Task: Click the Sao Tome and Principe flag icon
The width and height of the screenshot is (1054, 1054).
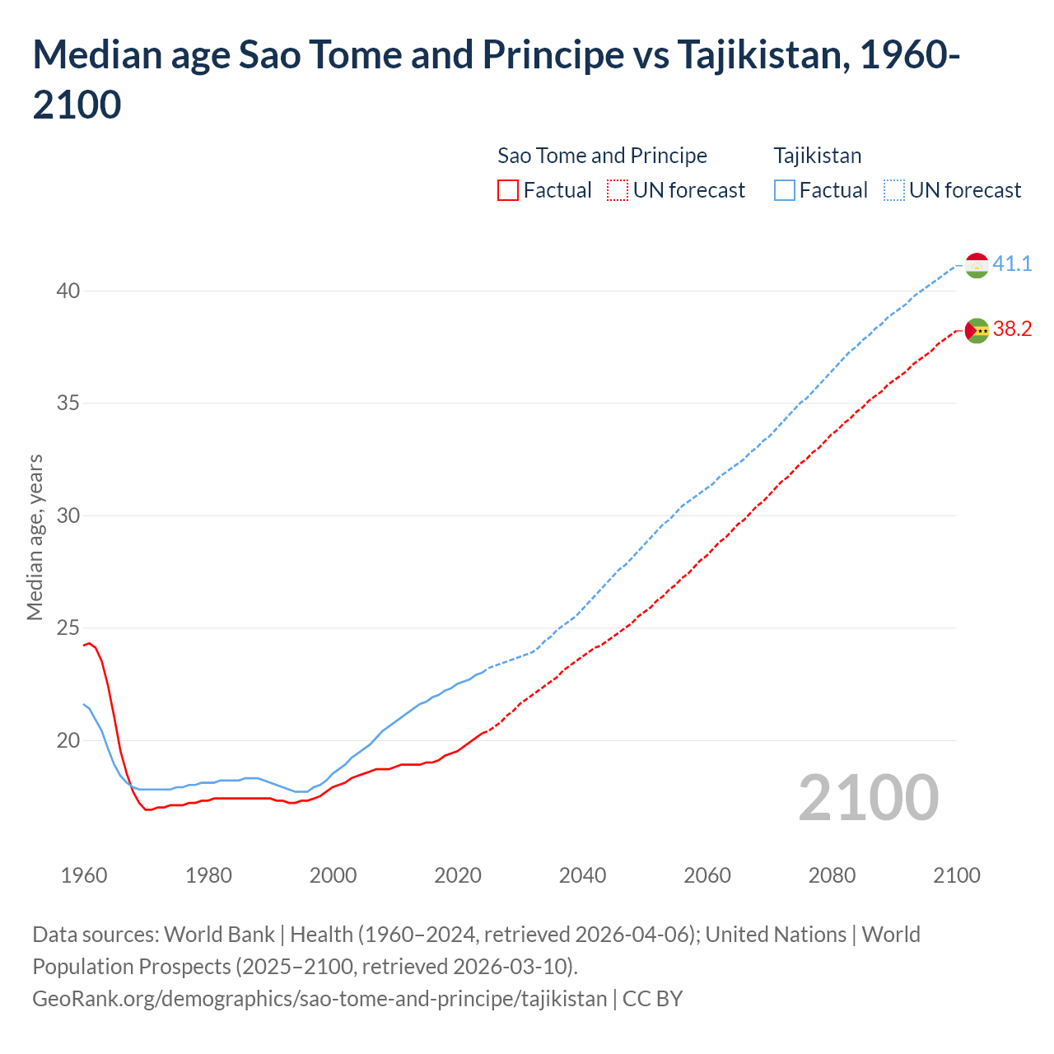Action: pyautogui.click(x=977, y=330)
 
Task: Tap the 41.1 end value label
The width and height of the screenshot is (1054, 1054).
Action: pyautogui.click(x=1012, y=263)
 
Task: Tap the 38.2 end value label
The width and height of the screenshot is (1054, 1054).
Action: pyautogui.click(x=1012, y=329)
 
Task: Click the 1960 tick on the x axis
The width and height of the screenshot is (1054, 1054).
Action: pyautogui.click(x=84, y=875)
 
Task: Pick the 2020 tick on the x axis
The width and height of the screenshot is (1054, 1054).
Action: pyautogui.click(x=458, y=875)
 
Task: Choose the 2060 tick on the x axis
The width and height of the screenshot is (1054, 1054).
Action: pyautogui.click(x=707, y=875)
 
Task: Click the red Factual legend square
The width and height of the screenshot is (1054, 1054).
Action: pyautogui.click(x=508, y=190)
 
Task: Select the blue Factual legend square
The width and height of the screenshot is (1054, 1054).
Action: pyautogui.click(x=785, y=190)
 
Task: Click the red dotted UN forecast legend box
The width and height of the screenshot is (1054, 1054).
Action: pyautogui.click(x=618, y=190)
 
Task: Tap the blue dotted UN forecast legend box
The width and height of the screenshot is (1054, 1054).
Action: pyautogui.click(x=894, y=190)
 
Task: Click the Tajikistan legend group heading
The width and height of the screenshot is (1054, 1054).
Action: pyautogui.click(x=817, y=156)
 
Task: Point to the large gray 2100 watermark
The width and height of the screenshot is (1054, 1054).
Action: pyautogui.click(x=868, y=798)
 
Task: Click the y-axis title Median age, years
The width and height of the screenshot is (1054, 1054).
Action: pyautogui.click(x=35, y=537)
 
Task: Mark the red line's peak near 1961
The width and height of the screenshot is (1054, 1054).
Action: pyautogui.click(x=90, y=643)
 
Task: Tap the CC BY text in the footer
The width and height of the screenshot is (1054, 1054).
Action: pyautogui.click(x=652, y=999)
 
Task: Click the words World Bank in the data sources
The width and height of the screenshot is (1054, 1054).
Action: pyautogui.click(x=219, y=935)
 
